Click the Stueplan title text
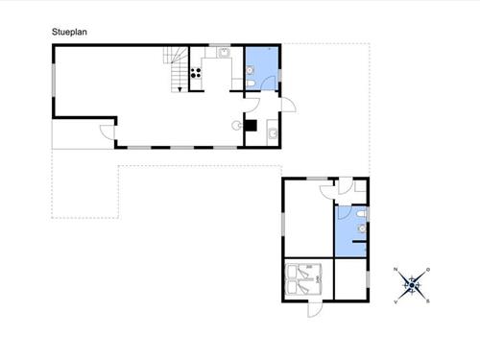[69, 32]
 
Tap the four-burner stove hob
[196, 73]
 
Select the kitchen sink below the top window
[225, 52]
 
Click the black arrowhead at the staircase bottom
[180, 89]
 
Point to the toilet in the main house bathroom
[251, 84]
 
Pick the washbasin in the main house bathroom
[250, 70]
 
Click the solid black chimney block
[251, 126]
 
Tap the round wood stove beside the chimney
[237, 126]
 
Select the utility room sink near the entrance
[273, 133]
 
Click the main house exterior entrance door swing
[289, 105]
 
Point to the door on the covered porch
[107, 132]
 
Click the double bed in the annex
[302, 279]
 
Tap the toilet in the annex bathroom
[361, 214]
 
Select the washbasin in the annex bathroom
[362, 228]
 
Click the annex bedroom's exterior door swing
[315, 310]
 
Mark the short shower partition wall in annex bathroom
[359, 242]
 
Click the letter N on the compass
[396, 269]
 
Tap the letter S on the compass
[428, 301]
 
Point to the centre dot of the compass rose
[412, 285]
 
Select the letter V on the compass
[396, 301]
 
